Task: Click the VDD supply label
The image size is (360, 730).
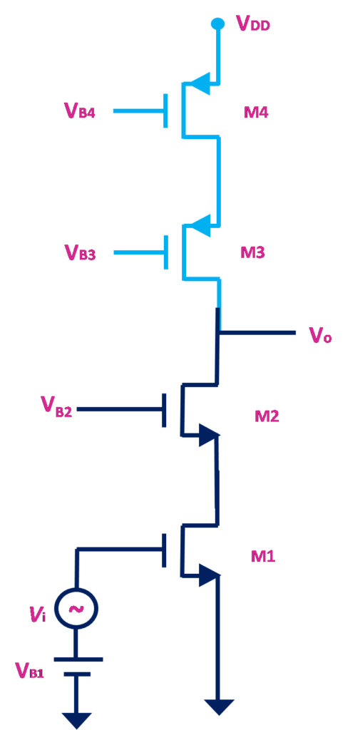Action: (253, 24)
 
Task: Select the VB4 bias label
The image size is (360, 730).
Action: (80, 112)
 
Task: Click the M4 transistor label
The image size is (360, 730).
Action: (256, 112)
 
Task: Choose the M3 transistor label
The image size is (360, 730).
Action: (256, 252)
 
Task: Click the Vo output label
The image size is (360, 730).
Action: (321, 335)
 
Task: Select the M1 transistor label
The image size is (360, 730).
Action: (262, 555)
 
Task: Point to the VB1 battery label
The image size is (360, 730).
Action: (29, 670)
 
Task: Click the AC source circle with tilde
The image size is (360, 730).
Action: (76, 607)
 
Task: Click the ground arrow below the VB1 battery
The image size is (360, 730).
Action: (76, 720)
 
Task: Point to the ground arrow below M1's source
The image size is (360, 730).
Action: (218, 706)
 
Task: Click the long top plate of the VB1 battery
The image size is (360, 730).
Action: (78, 659)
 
